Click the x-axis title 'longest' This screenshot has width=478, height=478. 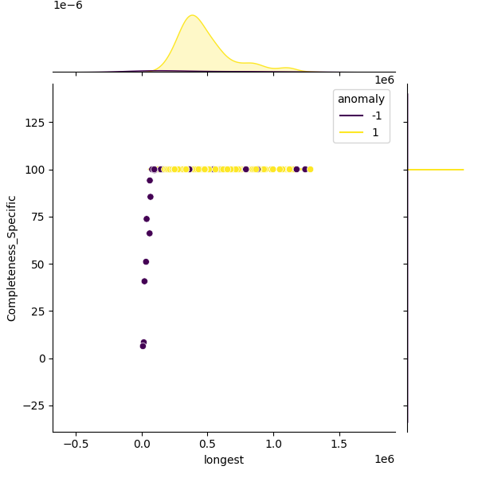224,460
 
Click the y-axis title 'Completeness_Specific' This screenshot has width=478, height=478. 12,258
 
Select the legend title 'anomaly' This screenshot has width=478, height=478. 361,99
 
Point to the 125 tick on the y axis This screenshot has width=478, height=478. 35,123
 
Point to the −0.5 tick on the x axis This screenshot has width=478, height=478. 76,445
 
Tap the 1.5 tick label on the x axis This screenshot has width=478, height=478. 339,445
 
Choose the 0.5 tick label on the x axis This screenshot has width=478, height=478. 208,445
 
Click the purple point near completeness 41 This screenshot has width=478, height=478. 144,281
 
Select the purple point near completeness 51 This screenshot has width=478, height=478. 146,261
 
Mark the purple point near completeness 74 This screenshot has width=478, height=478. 147,219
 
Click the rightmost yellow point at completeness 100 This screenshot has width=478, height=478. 310,169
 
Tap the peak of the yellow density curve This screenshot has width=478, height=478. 191,15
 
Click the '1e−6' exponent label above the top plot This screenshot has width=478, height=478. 68,6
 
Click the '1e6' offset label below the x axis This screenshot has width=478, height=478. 384,459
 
